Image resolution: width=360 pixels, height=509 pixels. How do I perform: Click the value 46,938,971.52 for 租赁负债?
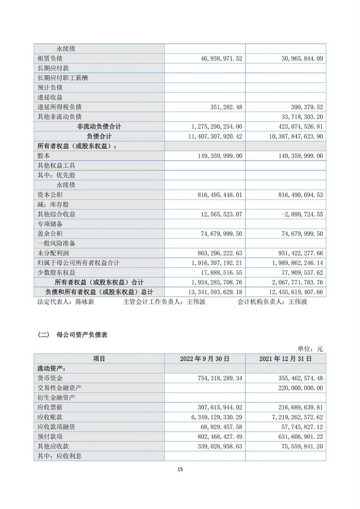[221, 58]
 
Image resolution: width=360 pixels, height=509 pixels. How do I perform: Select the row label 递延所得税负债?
[59, 107]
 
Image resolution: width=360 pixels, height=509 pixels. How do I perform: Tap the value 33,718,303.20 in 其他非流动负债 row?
[302, 117]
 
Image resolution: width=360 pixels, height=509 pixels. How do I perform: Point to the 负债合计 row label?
[99, 136]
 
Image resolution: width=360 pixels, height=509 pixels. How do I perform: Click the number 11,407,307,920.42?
[215, 136]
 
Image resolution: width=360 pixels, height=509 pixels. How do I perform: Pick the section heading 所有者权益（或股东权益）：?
[77, 146]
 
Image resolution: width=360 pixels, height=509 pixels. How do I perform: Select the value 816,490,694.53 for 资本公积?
[301, 195]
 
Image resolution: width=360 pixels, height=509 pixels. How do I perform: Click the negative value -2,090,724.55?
[302, 214]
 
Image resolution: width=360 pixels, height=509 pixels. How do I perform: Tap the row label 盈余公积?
[50, 234]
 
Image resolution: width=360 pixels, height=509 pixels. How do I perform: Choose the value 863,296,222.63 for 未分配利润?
[220, 253]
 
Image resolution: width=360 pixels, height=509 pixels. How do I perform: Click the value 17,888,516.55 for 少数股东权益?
[221, 273]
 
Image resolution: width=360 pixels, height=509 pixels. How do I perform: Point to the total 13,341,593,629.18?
[215, 292]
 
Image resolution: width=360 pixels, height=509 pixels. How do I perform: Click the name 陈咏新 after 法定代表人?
[85, 302]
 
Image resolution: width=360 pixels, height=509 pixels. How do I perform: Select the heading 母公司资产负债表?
[82, 335]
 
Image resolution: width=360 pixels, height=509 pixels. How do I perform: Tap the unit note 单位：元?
[310, 349]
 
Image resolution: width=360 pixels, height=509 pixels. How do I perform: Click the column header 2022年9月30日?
[205, 359]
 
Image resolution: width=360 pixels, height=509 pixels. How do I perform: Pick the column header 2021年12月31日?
[286, 359]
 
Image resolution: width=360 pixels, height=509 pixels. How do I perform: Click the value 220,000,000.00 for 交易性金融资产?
[301, 388]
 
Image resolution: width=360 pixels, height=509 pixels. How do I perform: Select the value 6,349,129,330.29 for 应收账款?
[217, 417]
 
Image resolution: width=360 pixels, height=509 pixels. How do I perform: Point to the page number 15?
[180, 469]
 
